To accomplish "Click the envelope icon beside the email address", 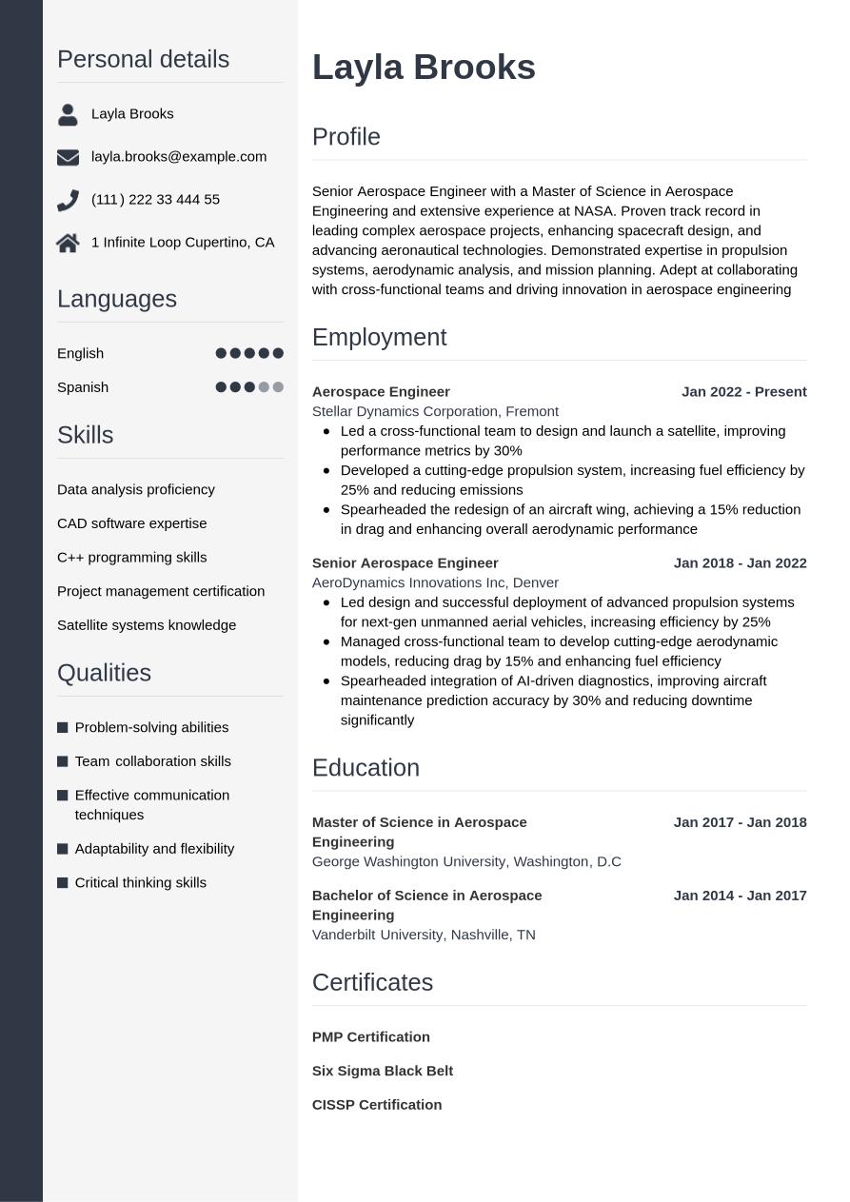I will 68,157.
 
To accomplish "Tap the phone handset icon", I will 68,200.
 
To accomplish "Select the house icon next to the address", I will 68,243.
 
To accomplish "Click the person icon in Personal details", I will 68,114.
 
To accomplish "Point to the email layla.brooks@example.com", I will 179,156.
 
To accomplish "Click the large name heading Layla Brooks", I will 424,68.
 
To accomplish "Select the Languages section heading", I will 117,299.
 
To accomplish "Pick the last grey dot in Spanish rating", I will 278,387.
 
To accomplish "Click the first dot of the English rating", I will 221,353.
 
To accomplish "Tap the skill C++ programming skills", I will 131,557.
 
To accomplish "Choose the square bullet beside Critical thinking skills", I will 63,883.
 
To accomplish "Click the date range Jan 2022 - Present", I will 743,391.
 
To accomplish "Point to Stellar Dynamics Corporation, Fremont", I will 435,411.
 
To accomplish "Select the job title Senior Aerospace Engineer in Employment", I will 405,562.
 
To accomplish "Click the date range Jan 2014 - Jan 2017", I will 740,895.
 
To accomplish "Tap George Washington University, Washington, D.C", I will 466,861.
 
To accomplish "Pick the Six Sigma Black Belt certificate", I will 382,1071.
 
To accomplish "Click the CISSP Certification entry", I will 377,1105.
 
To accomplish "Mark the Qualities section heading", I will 104,673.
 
